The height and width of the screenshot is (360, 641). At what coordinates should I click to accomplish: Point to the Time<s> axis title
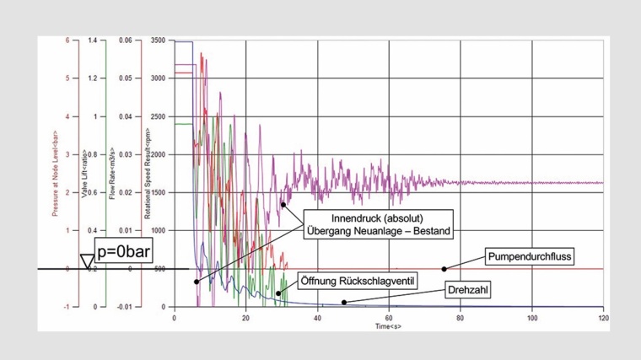click(x=389, y=325)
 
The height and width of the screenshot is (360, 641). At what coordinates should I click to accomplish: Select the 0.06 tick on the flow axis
click(x=125, y=40)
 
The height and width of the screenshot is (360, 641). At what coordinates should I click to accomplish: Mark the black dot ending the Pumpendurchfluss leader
click(x=444, y=269)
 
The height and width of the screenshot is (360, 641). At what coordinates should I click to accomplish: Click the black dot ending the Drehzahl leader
click(x=343, y=302)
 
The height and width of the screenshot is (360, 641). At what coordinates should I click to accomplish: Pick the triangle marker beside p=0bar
click(x=87, y=262)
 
